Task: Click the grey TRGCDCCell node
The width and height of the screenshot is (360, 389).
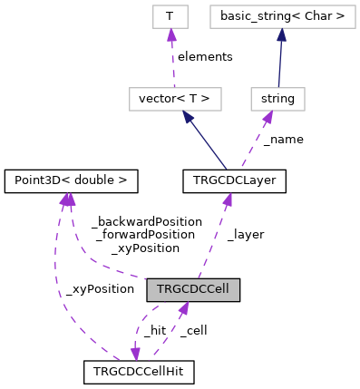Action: coord(193,290)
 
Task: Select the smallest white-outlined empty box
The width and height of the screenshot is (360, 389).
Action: coord(170,16)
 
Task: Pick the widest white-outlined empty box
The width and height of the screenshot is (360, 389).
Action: coord(282,16)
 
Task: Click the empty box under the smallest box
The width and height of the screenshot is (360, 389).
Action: coord(175,99)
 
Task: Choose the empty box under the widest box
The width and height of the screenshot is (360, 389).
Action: coord(277,99)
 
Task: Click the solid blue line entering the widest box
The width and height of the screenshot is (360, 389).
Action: coord(280,63)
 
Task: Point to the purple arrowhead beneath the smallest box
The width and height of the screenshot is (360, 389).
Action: coord(171,35)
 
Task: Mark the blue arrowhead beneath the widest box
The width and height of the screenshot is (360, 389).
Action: coord(282,35)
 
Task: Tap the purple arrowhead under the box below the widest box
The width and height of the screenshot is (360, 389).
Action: coord(268,118)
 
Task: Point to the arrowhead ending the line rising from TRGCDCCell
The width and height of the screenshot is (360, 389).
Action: coord(228,199)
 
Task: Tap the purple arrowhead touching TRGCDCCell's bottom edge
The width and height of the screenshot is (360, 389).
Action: coord(183,308)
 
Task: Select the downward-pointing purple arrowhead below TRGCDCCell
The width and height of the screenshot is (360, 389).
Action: coord(135,355)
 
